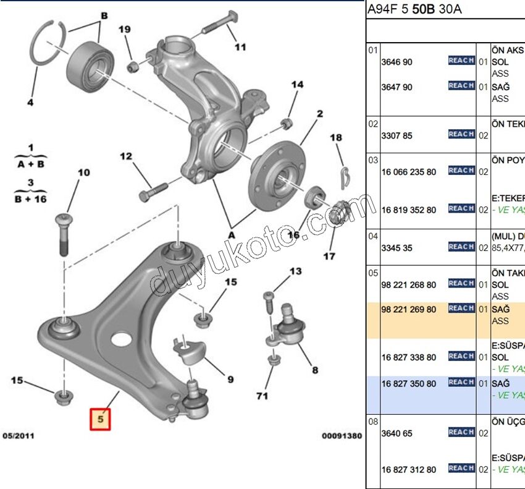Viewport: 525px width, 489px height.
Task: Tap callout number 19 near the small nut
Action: [x=125, y=30]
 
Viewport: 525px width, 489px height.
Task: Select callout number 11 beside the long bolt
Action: [x=240, y=46]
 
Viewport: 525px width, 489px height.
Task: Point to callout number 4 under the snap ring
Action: [x=30, y=103]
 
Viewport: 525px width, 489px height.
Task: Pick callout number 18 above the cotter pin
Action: [x=336, y=138]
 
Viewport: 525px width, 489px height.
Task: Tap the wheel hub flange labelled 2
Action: [x=277, y=171]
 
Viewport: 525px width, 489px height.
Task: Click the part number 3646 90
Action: [x=397, y=62]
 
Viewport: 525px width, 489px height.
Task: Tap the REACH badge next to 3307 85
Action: [x=461, y=134]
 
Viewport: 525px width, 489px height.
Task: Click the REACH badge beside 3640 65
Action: [x=461, y=432]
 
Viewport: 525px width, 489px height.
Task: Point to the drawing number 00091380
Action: [x=342, y=436]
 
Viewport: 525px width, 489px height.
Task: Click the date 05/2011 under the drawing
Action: [x=19, y=436]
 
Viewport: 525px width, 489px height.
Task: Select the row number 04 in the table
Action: [x=373, y=236]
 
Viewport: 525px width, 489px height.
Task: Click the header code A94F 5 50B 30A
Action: [x=413, y=10]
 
